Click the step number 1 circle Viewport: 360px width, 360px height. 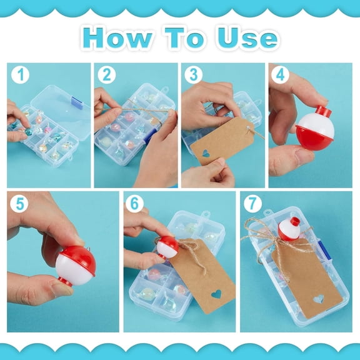click(20, 74)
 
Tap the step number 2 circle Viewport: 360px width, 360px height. click(107, 74)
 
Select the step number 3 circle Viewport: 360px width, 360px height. click(194, 74)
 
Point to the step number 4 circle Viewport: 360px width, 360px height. click(280, 74)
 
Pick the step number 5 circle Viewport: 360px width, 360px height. click(19, 203)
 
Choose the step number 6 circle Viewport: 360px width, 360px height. click(134, 203)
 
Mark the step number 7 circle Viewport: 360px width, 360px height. click(252, 203)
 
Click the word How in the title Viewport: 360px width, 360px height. click(117, 38)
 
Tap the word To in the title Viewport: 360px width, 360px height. click(184, 38)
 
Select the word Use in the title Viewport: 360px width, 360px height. click(247, 38)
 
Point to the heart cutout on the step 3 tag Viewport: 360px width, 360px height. click(206, 153)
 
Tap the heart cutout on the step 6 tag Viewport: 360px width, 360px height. click(216, 294)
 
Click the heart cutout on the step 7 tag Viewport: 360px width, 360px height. click(319, 299)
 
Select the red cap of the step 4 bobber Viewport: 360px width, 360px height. click(323, 111)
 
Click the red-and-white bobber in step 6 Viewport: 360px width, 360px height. click(167, 248)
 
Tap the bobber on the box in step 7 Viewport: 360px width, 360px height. click(289, 229)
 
